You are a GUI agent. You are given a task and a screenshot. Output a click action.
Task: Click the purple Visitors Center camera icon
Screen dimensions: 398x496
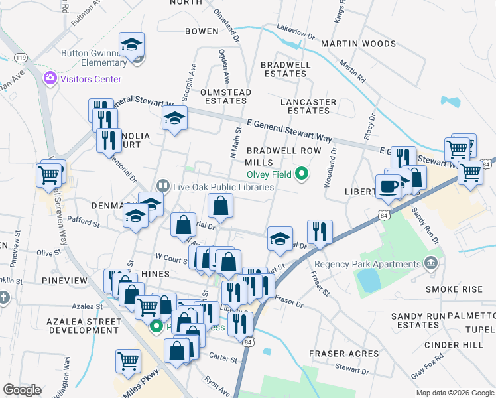[50, 79]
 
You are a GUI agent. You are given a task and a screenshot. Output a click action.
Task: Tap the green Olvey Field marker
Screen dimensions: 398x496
[302, 175]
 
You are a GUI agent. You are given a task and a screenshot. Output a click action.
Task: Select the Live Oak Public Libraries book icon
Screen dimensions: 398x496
[162, 187]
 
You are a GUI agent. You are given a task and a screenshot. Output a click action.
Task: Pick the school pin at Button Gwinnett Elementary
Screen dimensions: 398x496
[131, 45]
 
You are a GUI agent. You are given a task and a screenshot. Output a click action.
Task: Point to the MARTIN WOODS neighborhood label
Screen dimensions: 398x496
[358, 44]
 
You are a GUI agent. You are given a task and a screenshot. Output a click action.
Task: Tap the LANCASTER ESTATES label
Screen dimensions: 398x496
[308, 106]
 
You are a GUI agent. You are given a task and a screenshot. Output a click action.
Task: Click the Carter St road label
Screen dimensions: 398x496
[223, 359]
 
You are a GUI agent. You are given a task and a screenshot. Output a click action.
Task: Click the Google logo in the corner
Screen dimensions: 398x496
[22, 390]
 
